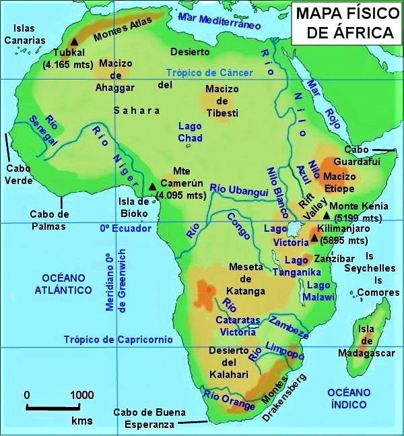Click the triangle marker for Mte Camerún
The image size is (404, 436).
153,186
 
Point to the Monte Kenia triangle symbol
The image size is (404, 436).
327,216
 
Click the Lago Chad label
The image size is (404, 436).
190,132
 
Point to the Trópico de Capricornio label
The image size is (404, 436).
119,340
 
